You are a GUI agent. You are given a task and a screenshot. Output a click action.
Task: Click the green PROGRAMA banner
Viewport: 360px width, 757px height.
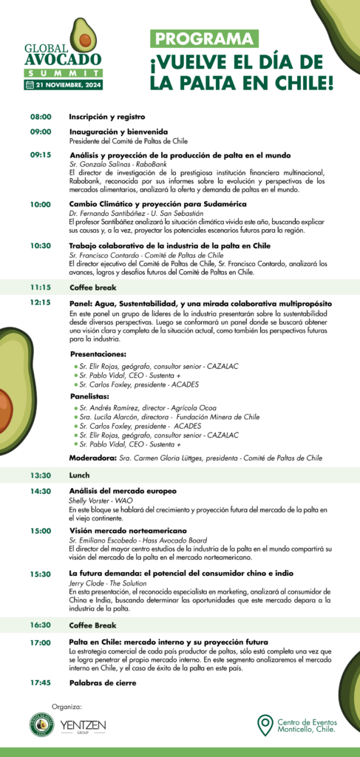pos(205,39)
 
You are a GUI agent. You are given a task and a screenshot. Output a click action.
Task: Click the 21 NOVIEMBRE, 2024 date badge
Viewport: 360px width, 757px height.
pos(62,85)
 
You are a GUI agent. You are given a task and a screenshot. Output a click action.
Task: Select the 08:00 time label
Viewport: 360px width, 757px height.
pos(40,117)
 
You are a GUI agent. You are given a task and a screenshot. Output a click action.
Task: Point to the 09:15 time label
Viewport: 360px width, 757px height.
pos(40,155)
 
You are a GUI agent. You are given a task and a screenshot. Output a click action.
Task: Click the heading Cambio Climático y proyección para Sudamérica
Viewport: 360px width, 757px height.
pos(157,204)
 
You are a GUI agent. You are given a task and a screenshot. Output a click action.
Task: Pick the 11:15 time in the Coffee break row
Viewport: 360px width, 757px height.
pos(40,287)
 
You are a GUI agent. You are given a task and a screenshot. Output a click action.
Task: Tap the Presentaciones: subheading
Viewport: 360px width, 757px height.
pos(98,354)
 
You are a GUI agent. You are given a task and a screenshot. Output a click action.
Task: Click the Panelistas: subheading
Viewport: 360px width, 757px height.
pos(89,396)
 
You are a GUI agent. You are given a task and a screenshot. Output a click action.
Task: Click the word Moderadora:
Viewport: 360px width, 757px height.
pos(91,458)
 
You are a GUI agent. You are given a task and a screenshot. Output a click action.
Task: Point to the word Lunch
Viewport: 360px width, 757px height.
pos(79,475)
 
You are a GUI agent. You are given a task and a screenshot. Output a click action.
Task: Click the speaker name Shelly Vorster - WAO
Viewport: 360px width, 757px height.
pos(101,500)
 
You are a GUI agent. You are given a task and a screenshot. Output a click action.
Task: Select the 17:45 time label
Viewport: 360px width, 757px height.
pos(40,682)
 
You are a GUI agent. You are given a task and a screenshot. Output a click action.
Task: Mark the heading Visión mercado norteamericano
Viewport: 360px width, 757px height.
pos(128,531)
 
